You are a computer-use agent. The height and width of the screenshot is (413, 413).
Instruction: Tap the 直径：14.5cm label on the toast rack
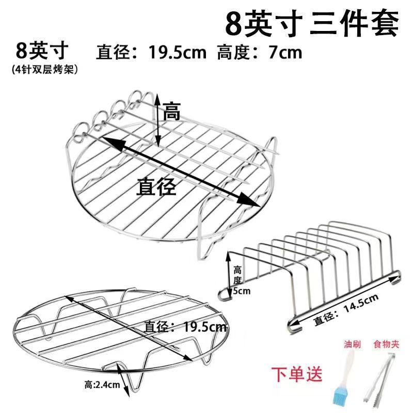pos(346,309)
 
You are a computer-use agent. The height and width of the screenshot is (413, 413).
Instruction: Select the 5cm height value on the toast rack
pos(242,291)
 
